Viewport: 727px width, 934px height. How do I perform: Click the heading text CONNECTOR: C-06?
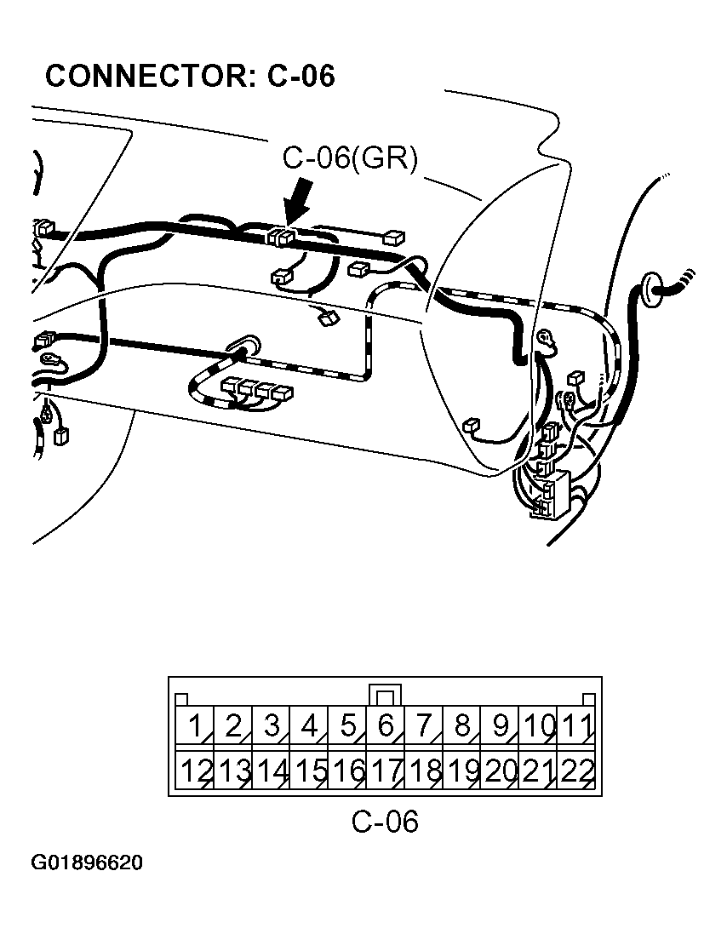coord(189,76)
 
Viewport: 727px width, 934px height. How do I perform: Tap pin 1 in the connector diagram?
coord(194,727)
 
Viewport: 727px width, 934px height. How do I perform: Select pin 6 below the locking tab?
coord(386,727)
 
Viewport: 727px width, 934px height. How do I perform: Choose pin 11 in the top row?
coord(577,727)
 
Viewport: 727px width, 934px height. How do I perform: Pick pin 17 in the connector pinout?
coord(386,771)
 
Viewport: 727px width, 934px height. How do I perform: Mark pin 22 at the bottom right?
coord(577,771)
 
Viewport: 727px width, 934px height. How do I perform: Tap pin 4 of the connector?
coord(309,727)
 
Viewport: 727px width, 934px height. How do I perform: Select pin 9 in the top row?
coord(501,727)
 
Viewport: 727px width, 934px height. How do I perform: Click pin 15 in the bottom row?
coord(310,771)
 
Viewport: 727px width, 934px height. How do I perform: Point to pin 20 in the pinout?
coord(501,771)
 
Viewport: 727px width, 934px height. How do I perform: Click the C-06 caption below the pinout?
coord(385,822)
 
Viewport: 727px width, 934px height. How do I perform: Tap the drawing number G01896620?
coord(87,863)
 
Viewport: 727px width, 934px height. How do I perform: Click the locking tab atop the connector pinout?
coord(386,694)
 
